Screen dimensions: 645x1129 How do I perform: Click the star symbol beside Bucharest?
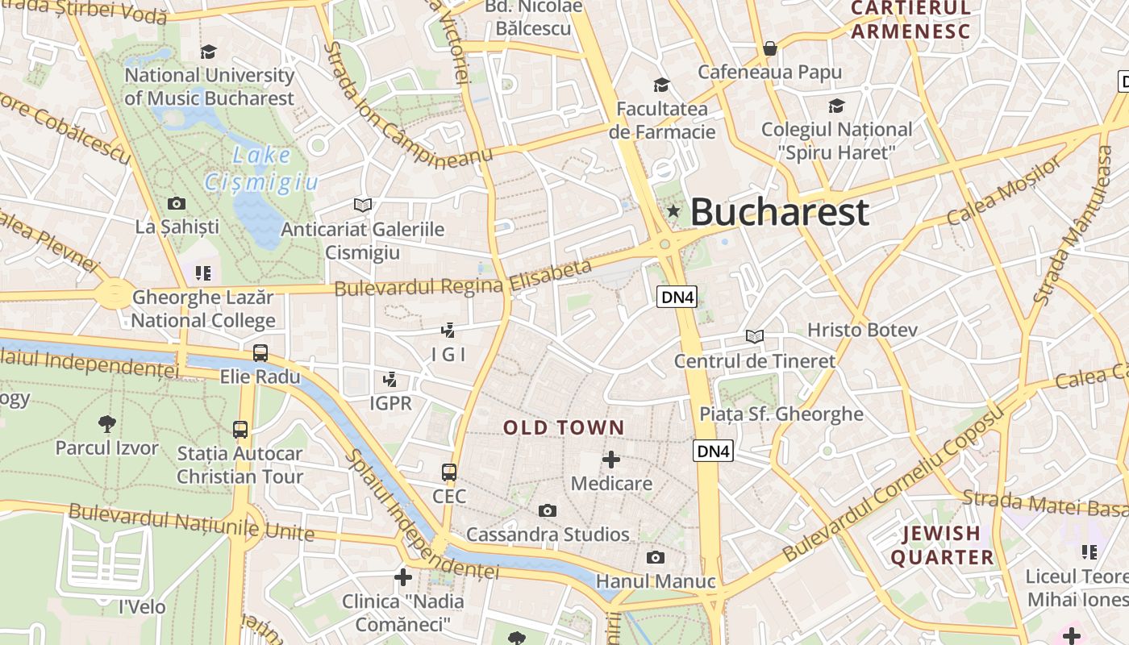tap(673, 211)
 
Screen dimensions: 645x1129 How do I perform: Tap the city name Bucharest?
tap(779, 212)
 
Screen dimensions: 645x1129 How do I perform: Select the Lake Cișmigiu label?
tap(260, 169)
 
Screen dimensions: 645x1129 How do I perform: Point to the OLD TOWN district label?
tap(564, 427)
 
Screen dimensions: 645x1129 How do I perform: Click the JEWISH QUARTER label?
tap(941, 545)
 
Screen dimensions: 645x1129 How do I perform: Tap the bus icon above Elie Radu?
tap(260, 353)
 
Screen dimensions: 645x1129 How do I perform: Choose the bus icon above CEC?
tap(449, 472)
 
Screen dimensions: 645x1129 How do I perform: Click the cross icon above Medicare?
tap(611, 460)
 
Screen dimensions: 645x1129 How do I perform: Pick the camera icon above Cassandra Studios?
tap(548, 510)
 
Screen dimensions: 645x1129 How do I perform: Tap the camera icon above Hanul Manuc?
tap(656, 557)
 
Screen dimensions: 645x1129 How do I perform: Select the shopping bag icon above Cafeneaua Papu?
tap(770, 48)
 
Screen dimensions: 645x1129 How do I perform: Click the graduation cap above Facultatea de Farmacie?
tap(661, 85)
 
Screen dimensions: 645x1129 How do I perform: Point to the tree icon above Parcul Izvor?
tap(106, 423)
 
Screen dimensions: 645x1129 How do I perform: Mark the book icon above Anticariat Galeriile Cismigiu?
tap(363, 206)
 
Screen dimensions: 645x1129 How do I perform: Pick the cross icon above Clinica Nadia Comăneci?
tap(403, 576)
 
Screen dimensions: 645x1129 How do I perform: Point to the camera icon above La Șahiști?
tap(177, 203)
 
